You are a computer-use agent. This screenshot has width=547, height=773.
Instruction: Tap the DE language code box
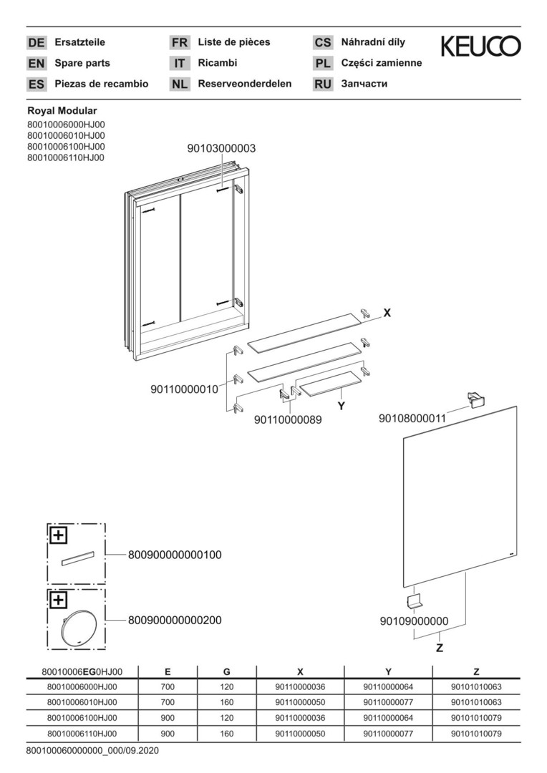[x=37, y=42]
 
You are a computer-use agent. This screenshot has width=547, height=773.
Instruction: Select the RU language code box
[x=323, y=84]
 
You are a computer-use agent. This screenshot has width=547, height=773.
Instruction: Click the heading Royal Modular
[x=62, y=111]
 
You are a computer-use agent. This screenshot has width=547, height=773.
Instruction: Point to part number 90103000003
[x=221, y=148]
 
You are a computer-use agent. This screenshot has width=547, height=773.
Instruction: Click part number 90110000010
[x=184, y=389]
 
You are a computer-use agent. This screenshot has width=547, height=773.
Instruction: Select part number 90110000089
[x=288, y=419]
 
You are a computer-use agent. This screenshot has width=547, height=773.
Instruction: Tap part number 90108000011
[x=412, y=419]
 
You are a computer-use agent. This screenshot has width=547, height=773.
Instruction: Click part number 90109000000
[x=415, y=621]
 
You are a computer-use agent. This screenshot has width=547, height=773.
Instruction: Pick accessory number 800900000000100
[x=175, y=555]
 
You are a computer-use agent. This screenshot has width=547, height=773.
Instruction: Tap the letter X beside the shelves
[x=387, y=313]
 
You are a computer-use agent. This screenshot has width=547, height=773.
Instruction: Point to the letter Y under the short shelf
[x=341, y=407]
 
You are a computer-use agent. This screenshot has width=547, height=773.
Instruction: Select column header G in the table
[x=226, y=671]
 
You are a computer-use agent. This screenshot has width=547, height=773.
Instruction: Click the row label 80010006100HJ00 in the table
[x=82, y=718]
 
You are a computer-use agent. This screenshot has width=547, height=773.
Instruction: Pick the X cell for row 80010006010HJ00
[x=300, y=702]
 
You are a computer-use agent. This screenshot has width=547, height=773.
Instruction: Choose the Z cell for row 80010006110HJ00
[x=476, y=734]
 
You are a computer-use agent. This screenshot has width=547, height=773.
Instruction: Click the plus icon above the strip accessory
[x=58, y=535]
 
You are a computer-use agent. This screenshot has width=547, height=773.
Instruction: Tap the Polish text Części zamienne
[x=382, y=63]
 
